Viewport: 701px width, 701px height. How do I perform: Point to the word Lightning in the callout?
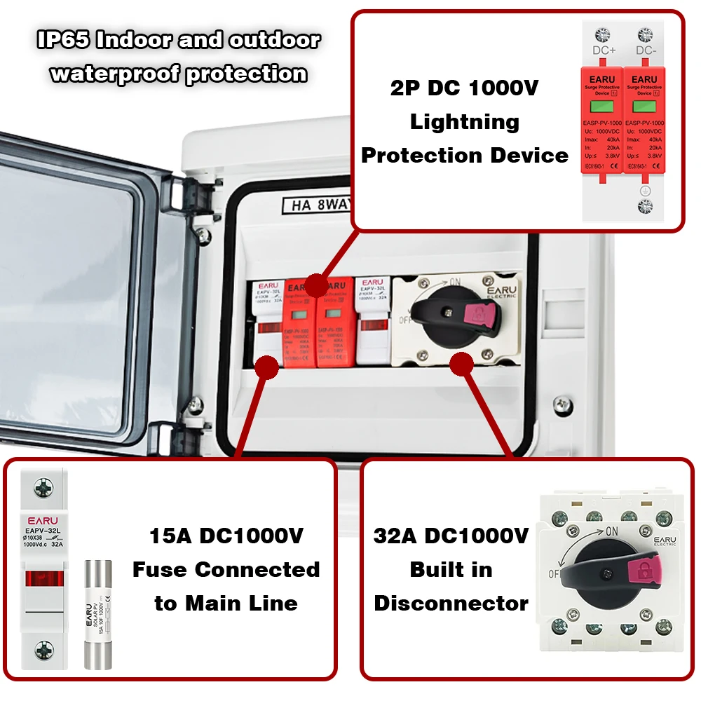pyautogui.click(x=465, y=122)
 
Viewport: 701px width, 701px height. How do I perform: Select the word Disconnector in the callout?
pyautogui.click(x=451, y=603)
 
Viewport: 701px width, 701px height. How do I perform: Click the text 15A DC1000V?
pyautogui.click(x=226, y=537)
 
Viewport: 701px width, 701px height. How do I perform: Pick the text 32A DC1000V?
pyautogui.click(x=451, y=537)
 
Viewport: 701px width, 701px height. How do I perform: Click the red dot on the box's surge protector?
pyautogui.click(x=317, y=285)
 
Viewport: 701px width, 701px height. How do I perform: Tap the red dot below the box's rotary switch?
pyautogui.click(x=461, y=362)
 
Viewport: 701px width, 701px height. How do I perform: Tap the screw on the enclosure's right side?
pyautogui.click(x=561, y=404)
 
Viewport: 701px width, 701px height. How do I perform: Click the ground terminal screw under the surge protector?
pyautogui.click(x=644, y=206)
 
